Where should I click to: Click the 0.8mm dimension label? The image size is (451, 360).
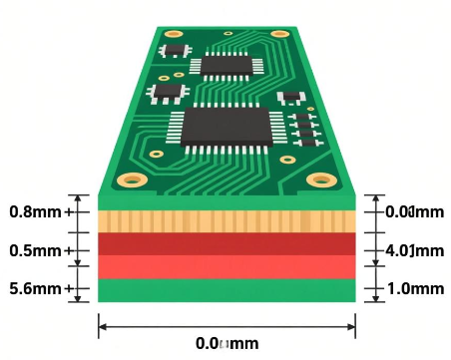[x=36, y=211]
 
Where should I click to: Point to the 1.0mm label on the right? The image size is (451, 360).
[x=414, y=289]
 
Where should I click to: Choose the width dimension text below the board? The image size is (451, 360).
[x=226, y=343]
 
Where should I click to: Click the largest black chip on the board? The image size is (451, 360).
[x=226, y=127]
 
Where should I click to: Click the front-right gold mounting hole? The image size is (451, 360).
[x=321, y=180]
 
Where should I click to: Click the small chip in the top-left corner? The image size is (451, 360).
[x=177, y=49]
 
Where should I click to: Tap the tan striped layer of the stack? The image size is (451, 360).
[x=226, y=220]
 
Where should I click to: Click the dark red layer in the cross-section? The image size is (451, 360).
[x=226, y=244]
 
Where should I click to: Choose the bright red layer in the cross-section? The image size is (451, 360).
[x=226, y=267]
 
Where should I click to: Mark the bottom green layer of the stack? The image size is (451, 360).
[x=226, y=290]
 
